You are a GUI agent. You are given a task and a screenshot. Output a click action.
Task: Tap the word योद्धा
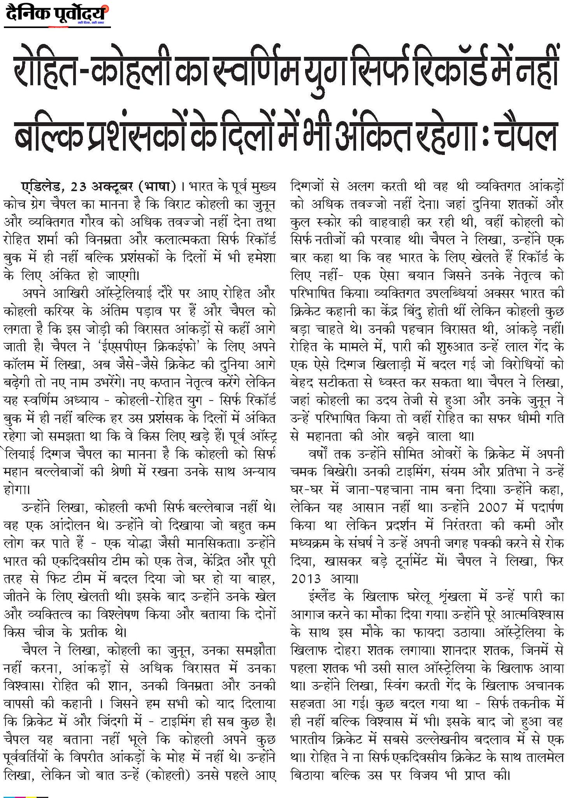156,544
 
